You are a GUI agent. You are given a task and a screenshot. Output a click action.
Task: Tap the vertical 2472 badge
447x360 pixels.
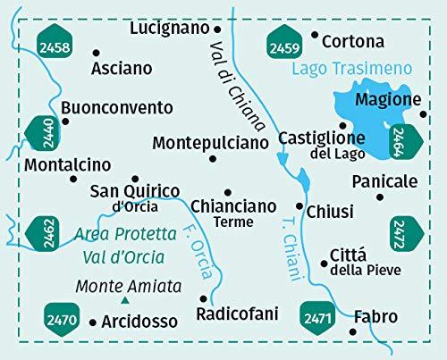(404, 235)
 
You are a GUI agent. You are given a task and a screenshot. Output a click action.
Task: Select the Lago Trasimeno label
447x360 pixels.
(352, 68)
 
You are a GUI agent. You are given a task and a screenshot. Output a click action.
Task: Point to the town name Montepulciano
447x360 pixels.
(210, 142)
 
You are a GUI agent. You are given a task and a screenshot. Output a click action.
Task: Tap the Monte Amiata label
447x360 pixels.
(128, 287)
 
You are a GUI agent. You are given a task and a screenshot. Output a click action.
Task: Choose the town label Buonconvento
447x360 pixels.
(118, 107)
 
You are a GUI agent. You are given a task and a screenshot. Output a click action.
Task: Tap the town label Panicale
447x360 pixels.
(384, 181)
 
